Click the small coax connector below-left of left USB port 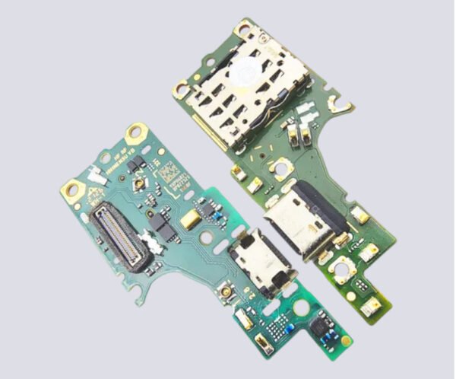point(226,293)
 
